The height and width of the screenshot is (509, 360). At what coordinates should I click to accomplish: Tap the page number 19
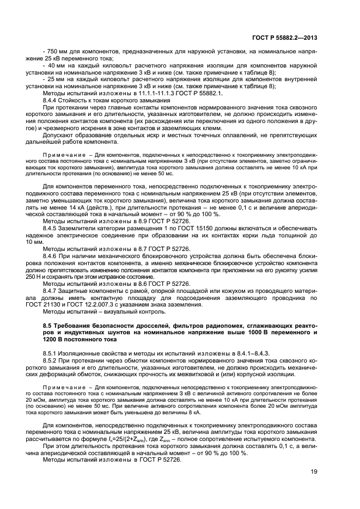(314, 472)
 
